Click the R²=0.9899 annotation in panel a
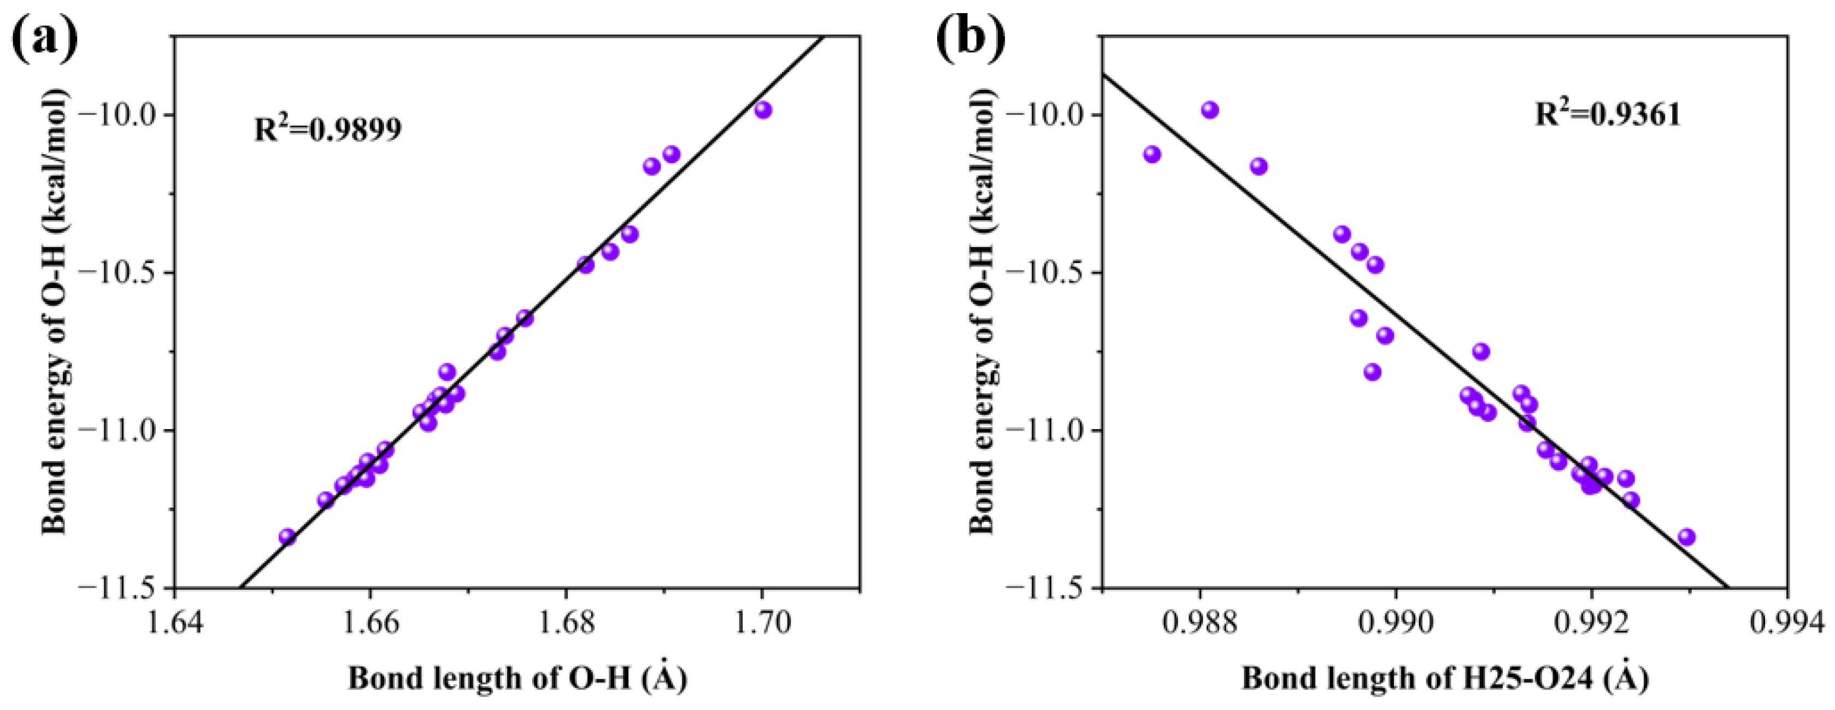tap(328, 129)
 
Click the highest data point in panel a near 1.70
tap(763, 110)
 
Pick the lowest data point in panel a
tap(287, 537)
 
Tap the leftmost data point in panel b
tap(1152, 154)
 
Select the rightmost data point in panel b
tap(1686, 537)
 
